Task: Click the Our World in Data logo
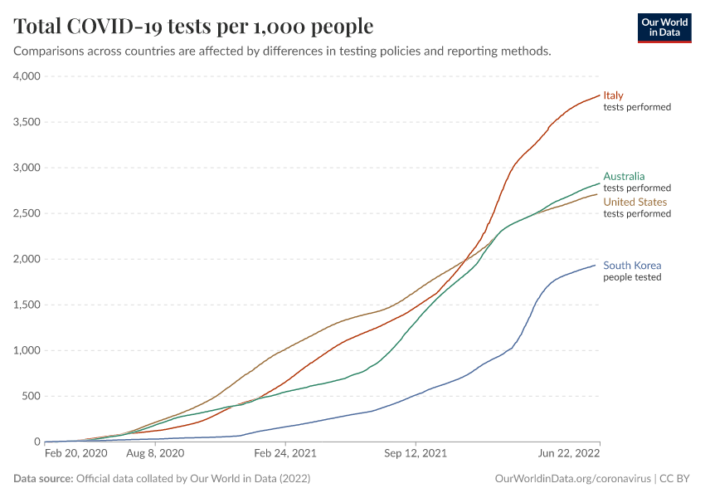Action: (664, 27)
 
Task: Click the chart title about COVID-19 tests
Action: (194, 27)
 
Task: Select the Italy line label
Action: (613, 95)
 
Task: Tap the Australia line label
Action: (624, 176)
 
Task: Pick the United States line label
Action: (634, 202)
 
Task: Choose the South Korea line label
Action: (632, 266)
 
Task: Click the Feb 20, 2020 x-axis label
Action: (75, 454)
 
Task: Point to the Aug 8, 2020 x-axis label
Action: (156, 454)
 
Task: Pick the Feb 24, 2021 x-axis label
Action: (285, 454)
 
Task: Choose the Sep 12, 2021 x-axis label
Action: (416, 454)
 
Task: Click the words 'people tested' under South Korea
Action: (632, 277)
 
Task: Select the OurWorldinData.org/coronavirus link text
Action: (572, 479)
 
